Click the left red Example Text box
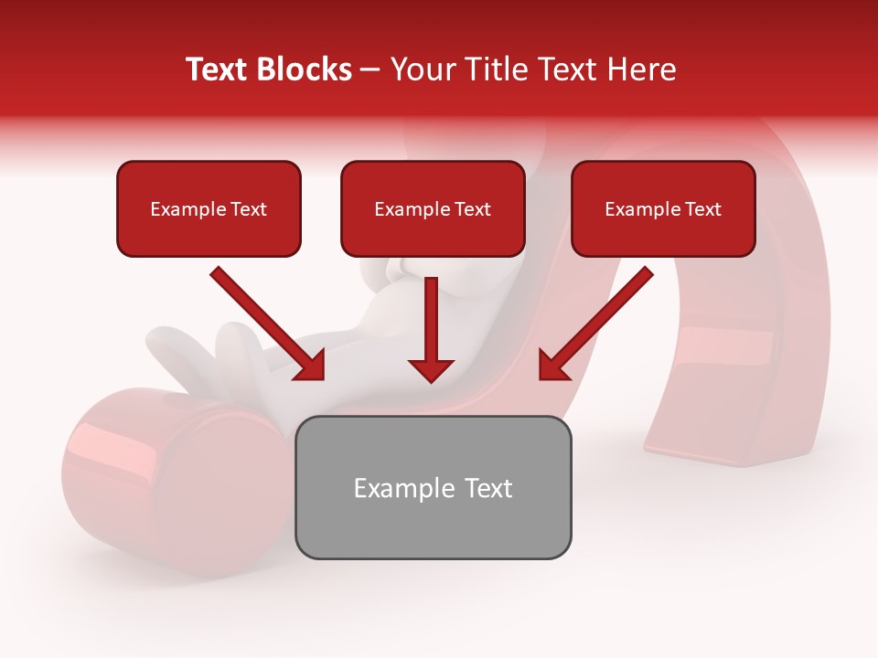[209, 208]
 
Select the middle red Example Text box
[433, 208]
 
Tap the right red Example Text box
[663, 208]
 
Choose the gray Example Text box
[433, 487]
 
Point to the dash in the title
[369, 69]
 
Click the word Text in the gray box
[488, 488]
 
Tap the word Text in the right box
[703, 209]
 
